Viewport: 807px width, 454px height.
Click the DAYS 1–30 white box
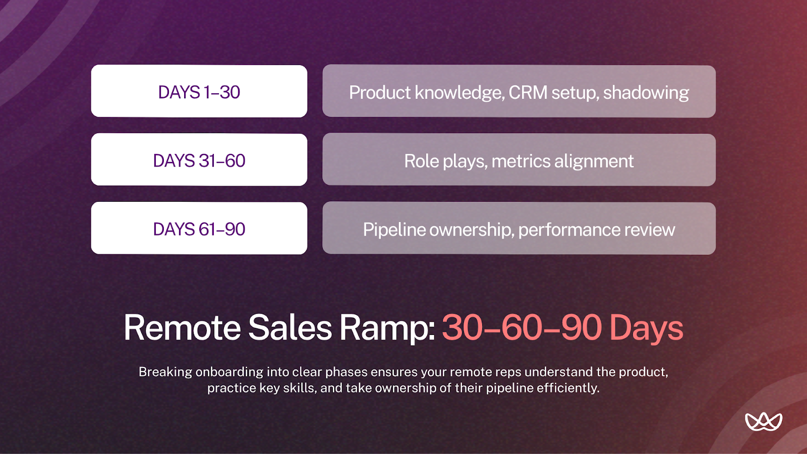199,91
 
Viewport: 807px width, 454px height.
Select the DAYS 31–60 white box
199,160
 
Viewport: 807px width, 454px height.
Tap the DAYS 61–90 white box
199,229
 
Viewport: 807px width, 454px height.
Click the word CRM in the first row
528,92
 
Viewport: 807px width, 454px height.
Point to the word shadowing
646,93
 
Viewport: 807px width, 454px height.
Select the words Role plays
445,161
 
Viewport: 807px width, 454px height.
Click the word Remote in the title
182,328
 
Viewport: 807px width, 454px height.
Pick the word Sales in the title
290,328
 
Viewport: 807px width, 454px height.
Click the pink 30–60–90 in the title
522,328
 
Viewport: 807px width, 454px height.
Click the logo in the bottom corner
764,421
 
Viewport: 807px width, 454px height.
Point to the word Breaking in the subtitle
165,372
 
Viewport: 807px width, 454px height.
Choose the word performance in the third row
569,230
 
